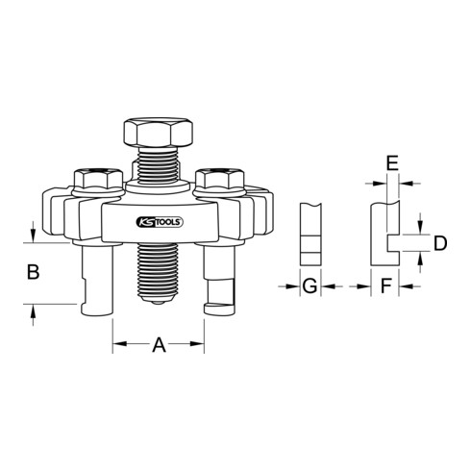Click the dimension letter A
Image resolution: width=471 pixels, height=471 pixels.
[160, 345]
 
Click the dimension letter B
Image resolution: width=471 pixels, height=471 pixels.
[33, 273]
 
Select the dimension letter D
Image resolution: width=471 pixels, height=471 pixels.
[440, 243]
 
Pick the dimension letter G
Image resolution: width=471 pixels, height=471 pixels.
[310, 285]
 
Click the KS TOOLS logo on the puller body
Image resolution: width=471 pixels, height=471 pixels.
[159, 223]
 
